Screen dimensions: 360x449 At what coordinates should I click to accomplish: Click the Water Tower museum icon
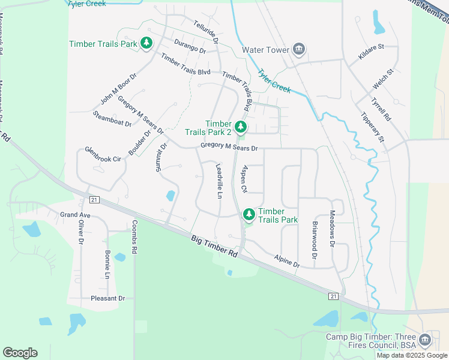[299, 50]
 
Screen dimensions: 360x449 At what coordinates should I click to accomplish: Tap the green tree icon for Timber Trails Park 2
[240, 127]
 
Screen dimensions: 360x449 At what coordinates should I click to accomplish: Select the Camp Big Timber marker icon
[425, 340]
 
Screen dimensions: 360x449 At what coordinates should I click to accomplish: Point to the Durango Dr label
[190, 47]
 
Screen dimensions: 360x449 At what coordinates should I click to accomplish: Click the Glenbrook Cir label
[103, 154]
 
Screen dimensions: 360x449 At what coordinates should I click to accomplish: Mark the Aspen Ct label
[244, 179]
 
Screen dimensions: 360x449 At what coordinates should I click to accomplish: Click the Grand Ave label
[75, 214]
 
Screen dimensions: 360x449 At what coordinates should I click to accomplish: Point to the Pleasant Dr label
[107, 298]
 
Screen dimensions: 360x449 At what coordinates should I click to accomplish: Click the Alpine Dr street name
[287, 260]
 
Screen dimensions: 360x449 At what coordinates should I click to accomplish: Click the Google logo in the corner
[20, 353]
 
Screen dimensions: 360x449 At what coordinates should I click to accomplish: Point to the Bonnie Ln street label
[108, 265]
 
